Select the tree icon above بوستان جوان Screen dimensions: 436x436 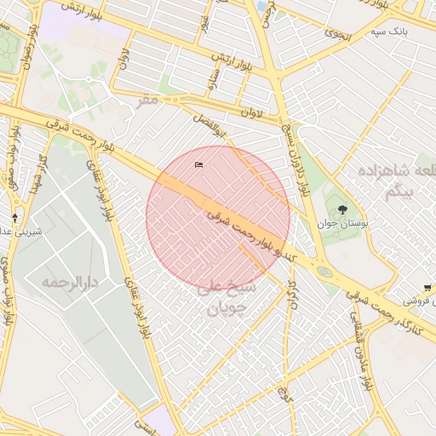click(342, 209)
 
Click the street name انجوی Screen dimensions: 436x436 click(338, 33)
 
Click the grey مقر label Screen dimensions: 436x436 click(148, 100)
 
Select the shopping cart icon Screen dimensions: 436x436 click(427, 288)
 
